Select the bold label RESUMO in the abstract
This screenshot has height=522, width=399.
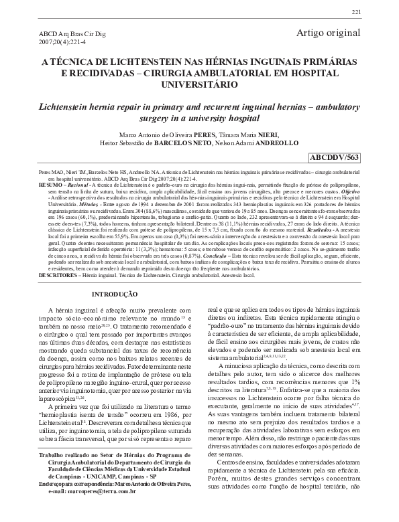tap(48, 183)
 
